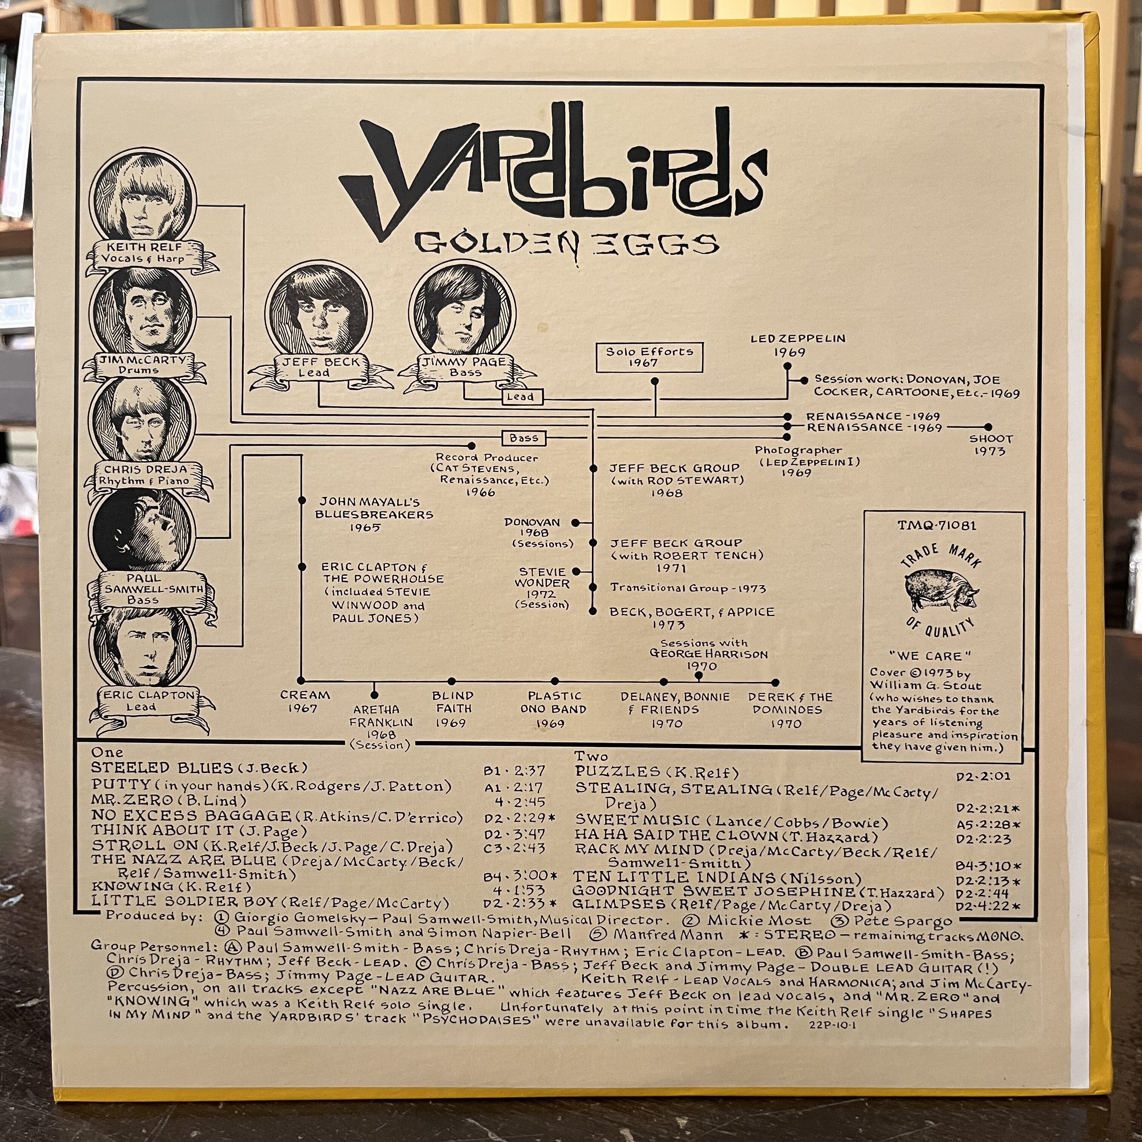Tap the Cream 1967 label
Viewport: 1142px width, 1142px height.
point(305,702)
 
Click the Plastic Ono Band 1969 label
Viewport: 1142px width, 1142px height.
point(554,709)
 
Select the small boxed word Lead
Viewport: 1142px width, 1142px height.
point(520,397)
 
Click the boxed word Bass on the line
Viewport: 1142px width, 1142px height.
point(524,438)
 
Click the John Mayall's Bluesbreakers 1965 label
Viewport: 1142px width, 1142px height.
point(373,514)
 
